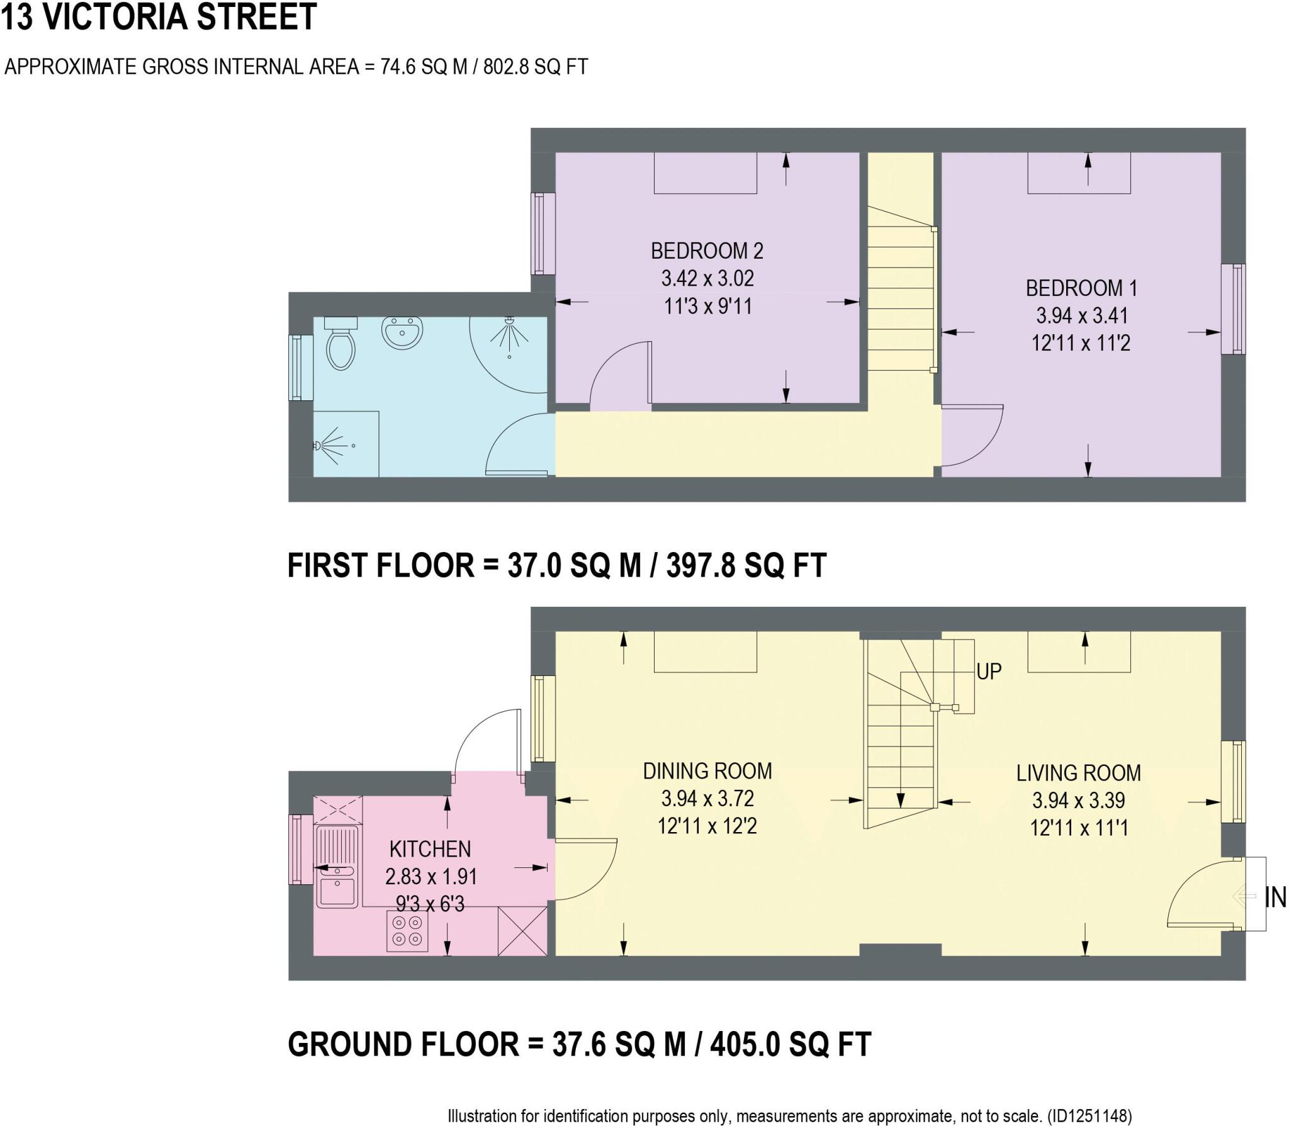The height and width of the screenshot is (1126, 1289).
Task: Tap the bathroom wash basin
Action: pos(402,332)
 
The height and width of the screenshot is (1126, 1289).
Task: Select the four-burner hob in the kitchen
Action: pos(407,931)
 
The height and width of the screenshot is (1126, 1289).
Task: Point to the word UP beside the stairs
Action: pos(989,672)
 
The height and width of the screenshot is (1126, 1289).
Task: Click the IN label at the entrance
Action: pos(1275,898)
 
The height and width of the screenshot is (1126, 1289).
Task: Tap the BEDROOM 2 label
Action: pos(707,251)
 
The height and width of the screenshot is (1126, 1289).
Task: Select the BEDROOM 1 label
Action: pos(1081,288)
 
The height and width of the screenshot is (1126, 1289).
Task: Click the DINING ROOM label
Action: pos(707,771)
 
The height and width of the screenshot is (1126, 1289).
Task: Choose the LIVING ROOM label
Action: pos(1078,773)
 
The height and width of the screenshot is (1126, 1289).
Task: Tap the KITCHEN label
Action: pos(430,849)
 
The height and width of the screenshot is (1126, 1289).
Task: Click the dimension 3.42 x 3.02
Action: pos(707,278)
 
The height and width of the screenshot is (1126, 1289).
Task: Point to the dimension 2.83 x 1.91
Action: pos(431,876)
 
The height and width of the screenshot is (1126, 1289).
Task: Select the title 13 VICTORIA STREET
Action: pos(159,17)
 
